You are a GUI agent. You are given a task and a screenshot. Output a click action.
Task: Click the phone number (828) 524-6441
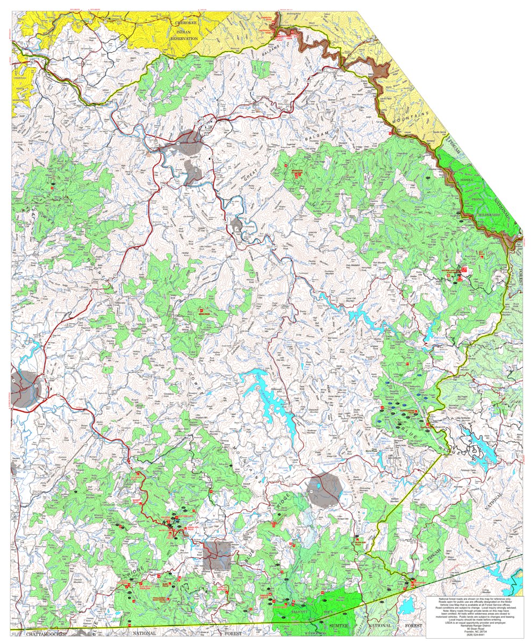(473, 634)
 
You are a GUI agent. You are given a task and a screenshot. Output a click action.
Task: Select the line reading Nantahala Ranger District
(473, 625)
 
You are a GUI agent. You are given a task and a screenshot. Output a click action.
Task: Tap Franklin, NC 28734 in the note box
(473, 631)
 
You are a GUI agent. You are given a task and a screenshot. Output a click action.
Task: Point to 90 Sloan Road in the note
(473, 628)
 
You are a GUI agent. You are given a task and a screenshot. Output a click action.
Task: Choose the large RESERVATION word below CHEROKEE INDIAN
(184, 39)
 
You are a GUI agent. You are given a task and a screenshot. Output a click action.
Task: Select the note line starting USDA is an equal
(473, 621)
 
